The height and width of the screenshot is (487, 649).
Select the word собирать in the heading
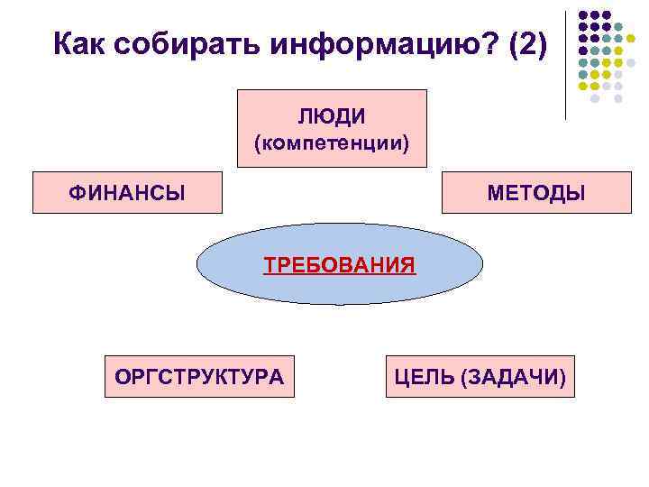tap(173, 42)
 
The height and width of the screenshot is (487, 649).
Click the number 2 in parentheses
tap(528, 42)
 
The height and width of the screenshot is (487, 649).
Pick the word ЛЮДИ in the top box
tap(332, 116)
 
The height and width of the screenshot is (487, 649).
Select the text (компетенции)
tap(332, 142)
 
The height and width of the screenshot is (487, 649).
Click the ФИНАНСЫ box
tap(127, 192)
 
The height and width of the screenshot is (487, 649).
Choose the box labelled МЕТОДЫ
tap(535, 192)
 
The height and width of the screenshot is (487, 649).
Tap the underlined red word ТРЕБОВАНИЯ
tap(340, 265)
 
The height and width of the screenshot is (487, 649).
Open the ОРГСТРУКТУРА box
tap(199, 375)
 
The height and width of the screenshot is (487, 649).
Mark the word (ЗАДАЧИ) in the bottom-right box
tap(513, 375)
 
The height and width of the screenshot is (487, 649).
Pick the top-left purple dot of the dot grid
tap(583, 15)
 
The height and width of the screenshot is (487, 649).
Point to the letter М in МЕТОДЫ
tap(495, 193)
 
